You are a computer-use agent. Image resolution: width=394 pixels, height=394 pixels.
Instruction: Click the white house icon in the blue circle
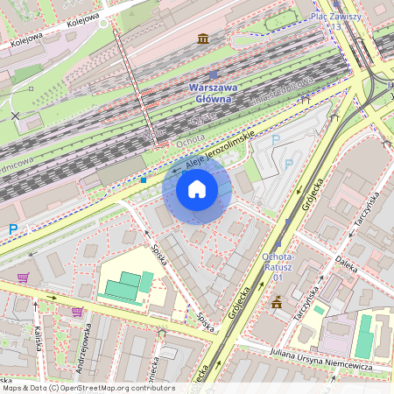[197, 188]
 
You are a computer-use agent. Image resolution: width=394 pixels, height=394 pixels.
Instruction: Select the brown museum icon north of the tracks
[204, 39]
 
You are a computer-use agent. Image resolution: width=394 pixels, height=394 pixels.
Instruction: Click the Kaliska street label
[39, 337]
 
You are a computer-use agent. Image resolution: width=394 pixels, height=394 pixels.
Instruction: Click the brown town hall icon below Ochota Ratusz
[277, 302]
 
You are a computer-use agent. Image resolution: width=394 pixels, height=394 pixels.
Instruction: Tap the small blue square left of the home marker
[143, 180]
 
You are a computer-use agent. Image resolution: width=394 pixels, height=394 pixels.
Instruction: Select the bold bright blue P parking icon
[13, 229]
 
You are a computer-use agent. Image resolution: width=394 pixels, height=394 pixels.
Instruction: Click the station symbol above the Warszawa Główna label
[212, 76]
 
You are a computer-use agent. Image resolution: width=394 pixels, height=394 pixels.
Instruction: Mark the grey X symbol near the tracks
[15, 115]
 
